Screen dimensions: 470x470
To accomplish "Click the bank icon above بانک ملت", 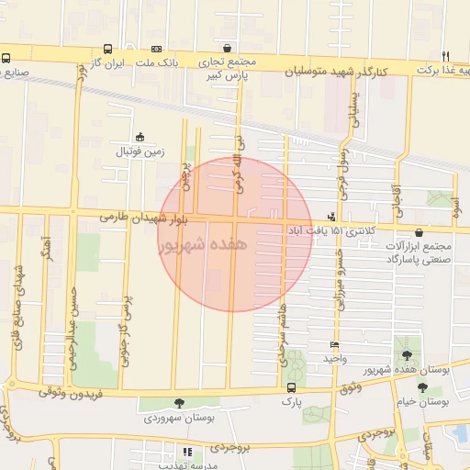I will pos(156,49).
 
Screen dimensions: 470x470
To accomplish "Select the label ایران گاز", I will pos(106,63).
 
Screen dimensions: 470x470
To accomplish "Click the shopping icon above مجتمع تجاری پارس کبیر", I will pos(227,49).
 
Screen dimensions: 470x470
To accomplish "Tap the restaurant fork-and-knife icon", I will pos(445,55).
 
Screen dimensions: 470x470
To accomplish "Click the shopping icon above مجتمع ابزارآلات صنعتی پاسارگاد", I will pos(420,233).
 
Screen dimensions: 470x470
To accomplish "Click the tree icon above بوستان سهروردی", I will pos(178,403).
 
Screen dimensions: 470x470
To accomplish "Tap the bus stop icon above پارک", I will pos(291,387).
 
